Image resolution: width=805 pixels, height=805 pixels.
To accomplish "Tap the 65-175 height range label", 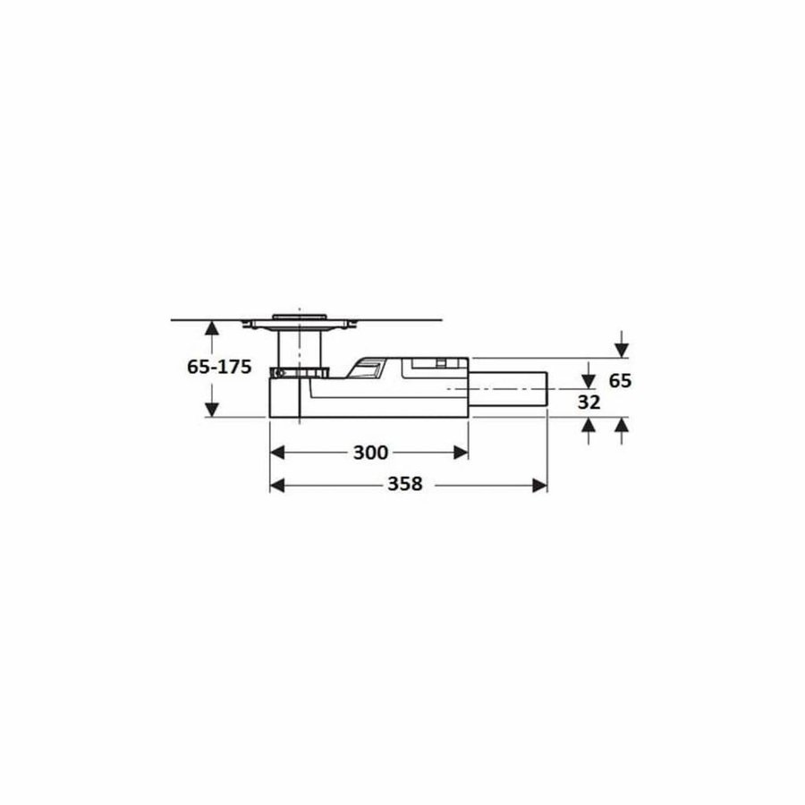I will pos(212,368).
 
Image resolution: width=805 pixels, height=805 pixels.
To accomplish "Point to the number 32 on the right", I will pos(588,402).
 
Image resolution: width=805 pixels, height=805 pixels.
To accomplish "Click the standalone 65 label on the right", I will pos(620,380).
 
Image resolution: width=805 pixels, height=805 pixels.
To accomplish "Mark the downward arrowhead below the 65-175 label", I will pos(211,410).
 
